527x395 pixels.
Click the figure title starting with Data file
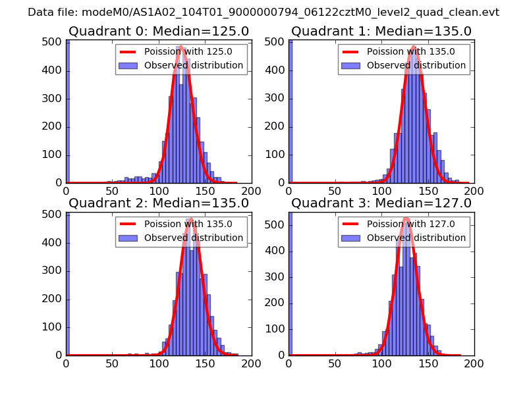[263, 13]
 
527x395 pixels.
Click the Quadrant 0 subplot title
[158, 31]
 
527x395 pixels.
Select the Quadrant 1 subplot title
[381, 31]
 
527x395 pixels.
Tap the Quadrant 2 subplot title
[158, 203]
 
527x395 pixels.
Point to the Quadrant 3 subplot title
[381, 203]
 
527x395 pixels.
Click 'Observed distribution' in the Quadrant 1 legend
[416, 65]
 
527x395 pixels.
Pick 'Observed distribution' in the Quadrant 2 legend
[194, 238]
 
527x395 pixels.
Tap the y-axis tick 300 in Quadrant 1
[277, 99]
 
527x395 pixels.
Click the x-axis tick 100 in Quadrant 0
[158, 191]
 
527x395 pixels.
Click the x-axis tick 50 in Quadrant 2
[112, 363]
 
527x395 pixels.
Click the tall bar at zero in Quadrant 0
[67, 112]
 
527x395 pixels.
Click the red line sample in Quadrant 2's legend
[128, 224]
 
